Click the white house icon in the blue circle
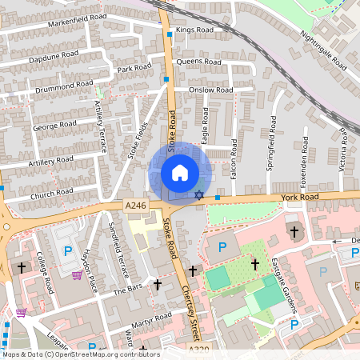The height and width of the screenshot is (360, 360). [180, 173]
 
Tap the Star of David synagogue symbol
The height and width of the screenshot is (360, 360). [198, 195]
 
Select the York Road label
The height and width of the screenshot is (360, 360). [299, 196]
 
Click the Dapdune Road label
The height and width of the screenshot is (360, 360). [54, 55]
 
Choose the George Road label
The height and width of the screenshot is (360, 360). [54, 126]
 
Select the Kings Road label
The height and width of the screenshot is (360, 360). [195, 30]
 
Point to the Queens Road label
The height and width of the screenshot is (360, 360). [198, 62]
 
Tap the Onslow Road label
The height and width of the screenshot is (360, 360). [210, 90]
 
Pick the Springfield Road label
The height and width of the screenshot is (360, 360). [271, 144]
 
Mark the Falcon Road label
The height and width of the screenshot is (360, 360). [234, 158]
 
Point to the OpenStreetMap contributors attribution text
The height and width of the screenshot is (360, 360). [80, 354]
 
